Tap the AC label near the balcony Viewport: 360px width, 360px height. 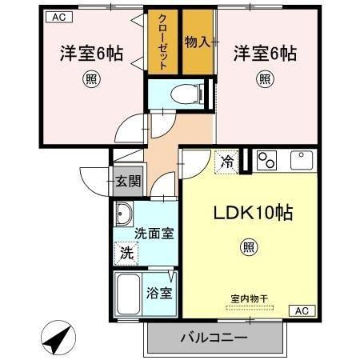coord(302,311)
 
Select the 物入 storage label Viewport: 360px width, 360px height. coord(198,41)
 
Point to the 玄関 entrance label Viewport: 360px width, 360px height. coord(126,181)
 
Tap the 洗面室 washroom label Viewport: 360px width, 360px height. coord(154,234)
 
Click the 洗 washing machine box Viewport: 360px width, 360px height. coord(126,254)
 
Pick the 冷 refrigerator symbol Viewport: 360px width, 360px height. coord(228,162)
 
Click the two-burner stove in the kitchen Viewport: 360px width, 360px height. coord(266,160)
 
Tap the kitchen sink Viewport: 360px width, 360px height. coord(302,160)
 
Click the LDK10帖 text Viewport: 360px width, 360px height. coord(252,214)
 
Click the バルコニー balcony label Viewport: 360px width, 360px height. coord(214,337)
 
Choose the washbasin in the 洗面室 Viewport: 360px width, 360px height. coord(124,214)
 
